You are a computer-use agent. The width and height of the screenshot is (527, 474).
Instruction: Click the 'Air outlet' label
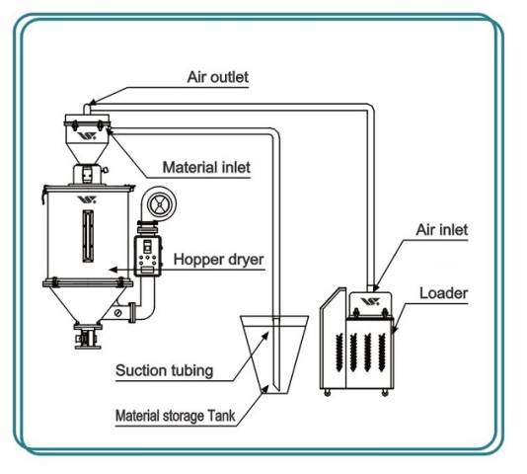pyautogui.click(x=218, y=77)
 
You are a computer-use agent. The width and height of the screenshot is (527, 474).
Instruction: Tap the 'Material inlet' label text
pyautogui.click(x=206, y=167)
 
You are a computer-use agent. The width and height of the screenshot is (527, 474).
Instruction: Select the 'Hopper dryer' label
pyautogui.click(x=218, y=260)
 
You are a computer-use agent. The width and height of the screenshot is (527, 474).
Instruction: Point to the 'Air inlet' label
pyautogui.click(x=441, y=230)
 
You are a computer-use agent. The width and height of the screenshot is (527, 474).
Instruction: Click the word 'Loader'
pyautogui.click(x=444, y=293)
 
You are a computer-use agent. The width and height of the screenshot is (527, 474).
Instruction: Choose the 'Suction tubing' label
pyautogui.click(x=165, y=370)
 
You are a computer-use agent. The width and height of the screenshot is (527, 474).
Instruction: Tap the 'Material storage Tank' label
pyautogui.click(x=175, y=416)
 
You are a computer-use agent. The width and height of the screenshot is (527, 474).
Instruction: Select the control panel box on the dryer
pyautogui.click(x=148, y=256)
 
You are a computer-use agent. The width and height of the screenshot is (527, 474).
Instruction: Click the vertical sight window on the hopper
pyautogui.click(x=88, y=236)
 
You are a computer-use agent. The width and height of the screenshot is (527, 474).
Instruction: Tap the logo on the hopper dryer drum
pyautogui.click(x=87, y=199)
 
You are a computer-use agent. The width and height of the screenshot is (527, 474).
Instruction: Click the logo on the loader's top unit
pyautogui.click(x=370, y=301)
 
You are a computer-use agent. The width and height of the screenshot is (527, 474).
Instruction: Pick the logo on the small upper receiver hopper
pyautogui.click(x=87, y=136)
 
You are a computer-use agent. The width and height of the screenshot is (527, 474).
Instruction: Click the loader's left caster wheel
pyautogui.click(x=327, y=393)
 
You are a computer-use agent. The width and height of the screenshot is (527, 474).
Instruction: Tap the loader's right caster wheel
pyautogui.click(x=385, y=393)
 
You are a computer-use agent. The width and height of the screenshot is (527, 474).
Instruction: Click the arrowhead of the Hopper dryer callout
pyautogui.click(x=113, y=270)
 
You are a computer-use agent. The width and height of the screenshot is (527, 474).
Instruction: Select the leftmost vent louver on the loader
pyautogui.click(x=339, y=353)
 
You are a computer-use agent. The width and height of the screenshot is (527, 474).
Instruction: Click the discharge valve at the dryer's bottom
pyautogui.click(x=88, y=336)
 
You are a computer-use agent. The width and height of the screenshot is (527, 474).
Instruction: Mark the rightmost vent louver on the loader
pyautogui.click(x=382, y=353)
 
